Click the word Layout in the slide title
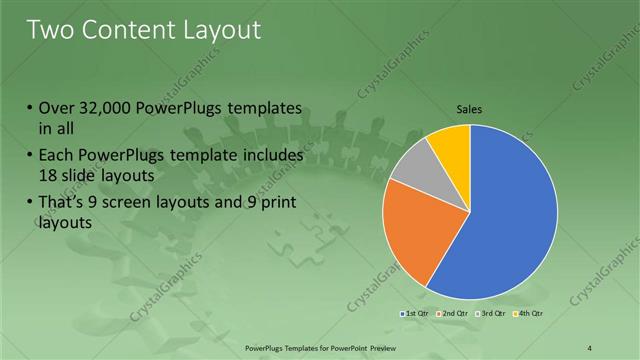pyautogui.click(x=219, y=30)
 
